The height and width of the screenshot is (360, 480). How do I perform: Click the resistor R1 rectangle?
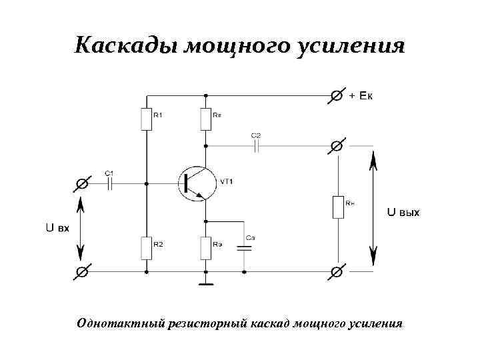146,119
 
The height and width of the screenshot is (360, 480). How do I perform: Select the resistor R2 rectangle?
146,248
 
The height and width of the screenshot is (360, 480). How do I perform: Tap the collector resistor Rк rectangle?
206,119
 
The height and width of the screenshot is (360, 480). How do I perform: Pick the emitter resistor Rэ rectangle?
206,248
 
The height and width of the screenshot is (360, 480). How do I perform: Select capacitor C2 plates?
256,145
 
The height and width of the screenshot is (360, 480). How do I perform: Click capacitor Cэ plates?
245,246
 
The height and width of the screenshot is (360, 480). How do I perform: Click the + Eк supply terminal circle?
337,96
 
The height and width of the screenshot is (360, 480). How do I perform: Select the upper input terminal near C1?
83,182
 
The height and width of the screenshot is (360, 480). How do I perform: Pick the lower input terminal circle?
83,271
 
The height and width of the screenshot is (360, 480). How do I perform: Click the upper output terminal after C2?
337,145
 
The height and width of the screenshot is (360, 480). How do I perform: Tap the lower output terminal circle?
337,271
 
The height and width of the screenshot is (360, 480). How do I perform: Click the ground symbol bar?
206,285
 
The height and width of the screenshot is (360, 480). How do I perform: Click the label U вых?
403,212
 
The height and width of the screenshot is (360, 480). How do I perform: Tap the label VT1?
227,181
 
